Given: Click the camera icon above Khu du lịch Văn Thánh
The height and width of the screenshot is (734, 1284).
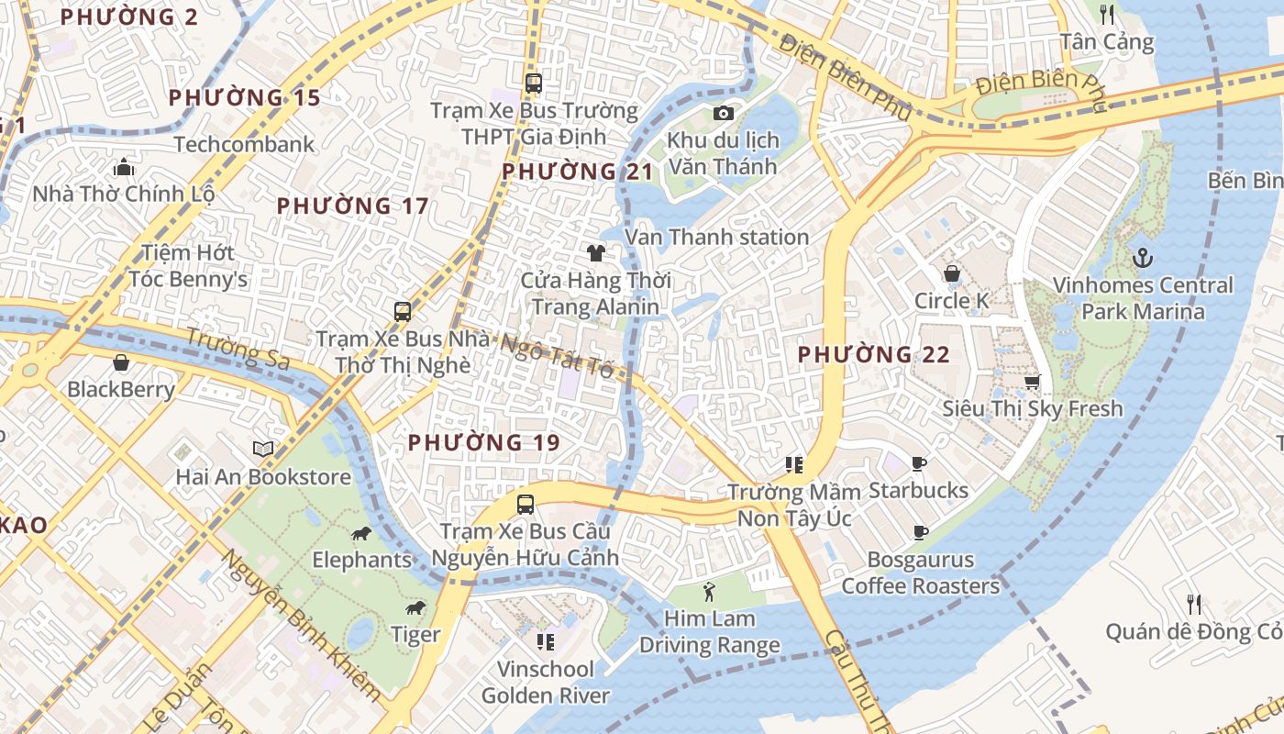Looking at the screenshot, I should pyautogui.click(x=723, y=113).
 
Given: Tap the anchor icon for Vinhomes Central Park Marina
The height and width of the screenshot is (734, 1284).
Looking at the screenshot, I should pyautogui.click(x=1142, y=258).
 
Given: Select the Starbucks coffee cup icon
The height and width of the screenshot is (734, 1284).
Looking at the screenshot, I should pyautogui.click(x=919, y=463).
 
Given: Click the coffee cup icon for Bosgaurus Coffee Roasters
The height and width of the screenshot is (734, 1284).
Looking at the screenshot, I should pyautogui.click(x=920, y=532).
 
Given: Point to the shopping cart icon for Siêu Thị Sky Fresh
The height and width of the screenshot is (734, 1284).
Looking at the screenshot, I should pyautogui.click(x=1033, y=382).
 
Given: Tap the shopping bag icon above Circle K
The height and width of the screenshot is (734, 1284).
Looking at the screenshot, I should pyautogui.click(x=952, y=273).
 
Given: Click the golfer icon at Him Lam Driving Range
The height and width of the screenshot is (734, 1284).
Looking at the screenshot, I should pyautogui.click(x=708, y=592).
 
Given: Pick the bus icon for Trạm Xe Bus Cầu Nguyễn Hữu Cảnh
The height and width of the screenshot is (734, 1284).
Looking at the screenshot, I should pyautogui.click(x=525, y=504).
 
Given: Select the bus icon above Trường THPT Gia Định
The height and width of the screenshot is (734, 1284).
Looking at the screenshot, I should pyautogui.click(x=534, y=83).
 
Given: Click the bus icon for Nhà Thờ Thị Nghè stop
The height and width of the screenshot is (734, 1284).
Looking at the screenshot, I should pyautogui.click(x=402, y=311).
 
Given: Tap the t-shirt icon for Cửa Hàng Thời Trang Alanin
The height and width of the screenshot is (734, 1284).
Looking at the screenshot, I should pyautogui.click(x=596, y=253).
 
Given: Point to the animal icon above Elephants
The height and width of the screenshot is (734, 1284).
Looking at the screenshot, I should pyautogui.click(x=360, y=533).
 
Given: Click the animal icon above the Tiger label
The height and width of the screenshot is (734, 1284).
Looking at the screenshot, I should pyautogui.click(x=415, y=607).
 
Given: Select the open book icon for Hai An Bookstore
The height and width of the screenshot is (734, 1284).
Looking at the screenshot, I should pyautogui.click(x=263, y=450).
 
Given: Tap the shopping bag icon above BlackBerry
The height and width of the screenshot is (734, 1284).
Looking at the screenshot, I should pyautogui.click(x=120, y=362).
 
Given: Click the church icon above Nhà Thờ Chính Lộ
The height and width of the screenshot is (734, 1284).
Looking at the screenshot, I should pyautogui.click(x=123, y=167).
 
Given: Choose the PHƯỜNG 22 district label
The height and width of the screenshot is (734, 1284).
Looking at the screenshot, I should pyautogui.click(x=873, y=354).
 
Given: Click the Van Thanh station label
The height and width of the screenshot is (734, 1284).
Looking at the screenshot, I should pyautogui.click(x=716, y=237).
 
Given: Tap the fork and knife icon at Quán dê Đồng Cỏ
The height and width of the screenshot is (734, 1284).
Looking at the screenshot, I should pyautogui.click(x=1193, y=604).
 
